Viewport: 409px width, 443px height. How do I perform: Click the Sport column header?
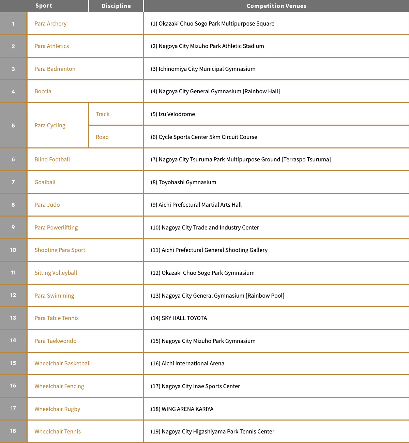[44, 6]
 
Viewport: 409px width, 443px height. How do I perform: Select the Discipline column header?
[116, 6]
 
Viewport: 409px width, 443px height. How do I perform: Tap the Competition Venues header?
[276, 6]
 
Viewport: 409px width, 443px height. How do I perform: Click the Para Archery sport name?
[50, 23]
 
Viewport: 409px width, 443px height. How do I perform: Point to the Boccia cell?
[43, 91]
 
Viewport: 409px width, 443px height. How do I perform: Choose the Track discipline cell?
[103, 114]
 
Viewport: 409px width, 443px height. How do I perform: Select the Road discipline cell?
[102, 137]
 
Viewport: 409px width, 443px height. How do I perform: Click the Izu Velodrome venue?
[173, 114]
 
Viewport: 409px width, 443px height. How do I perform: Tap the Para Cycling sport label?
[50, 125]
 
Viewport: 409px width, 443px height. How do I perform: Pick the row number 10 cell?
[13, 250]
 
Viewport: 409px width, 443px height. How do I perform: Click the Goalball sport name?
[45, 182]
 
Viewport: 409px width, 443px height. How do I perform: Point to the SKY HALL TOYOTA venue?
[179, 318]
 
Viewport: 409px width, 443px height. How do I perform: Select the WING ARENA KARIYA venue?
[182, 409]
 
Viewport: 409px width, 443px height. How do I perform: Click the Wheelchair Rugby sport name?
[57, 409]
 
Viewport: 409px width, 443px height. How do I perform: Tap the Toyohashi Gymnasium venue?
[183, 182]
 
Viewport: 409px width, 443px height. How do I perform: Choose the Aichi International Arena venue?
[187, 363]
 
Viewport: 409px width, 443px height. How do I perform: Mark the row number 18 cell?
[13, 431]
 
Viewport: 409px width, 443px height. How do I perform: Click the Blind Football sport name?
[52, 159]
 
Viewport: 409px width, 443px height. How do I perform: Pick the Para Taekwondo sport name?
[56, 341]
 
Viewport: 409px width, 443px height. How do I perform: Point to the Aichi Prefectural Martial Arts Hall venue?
[196, 205]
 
